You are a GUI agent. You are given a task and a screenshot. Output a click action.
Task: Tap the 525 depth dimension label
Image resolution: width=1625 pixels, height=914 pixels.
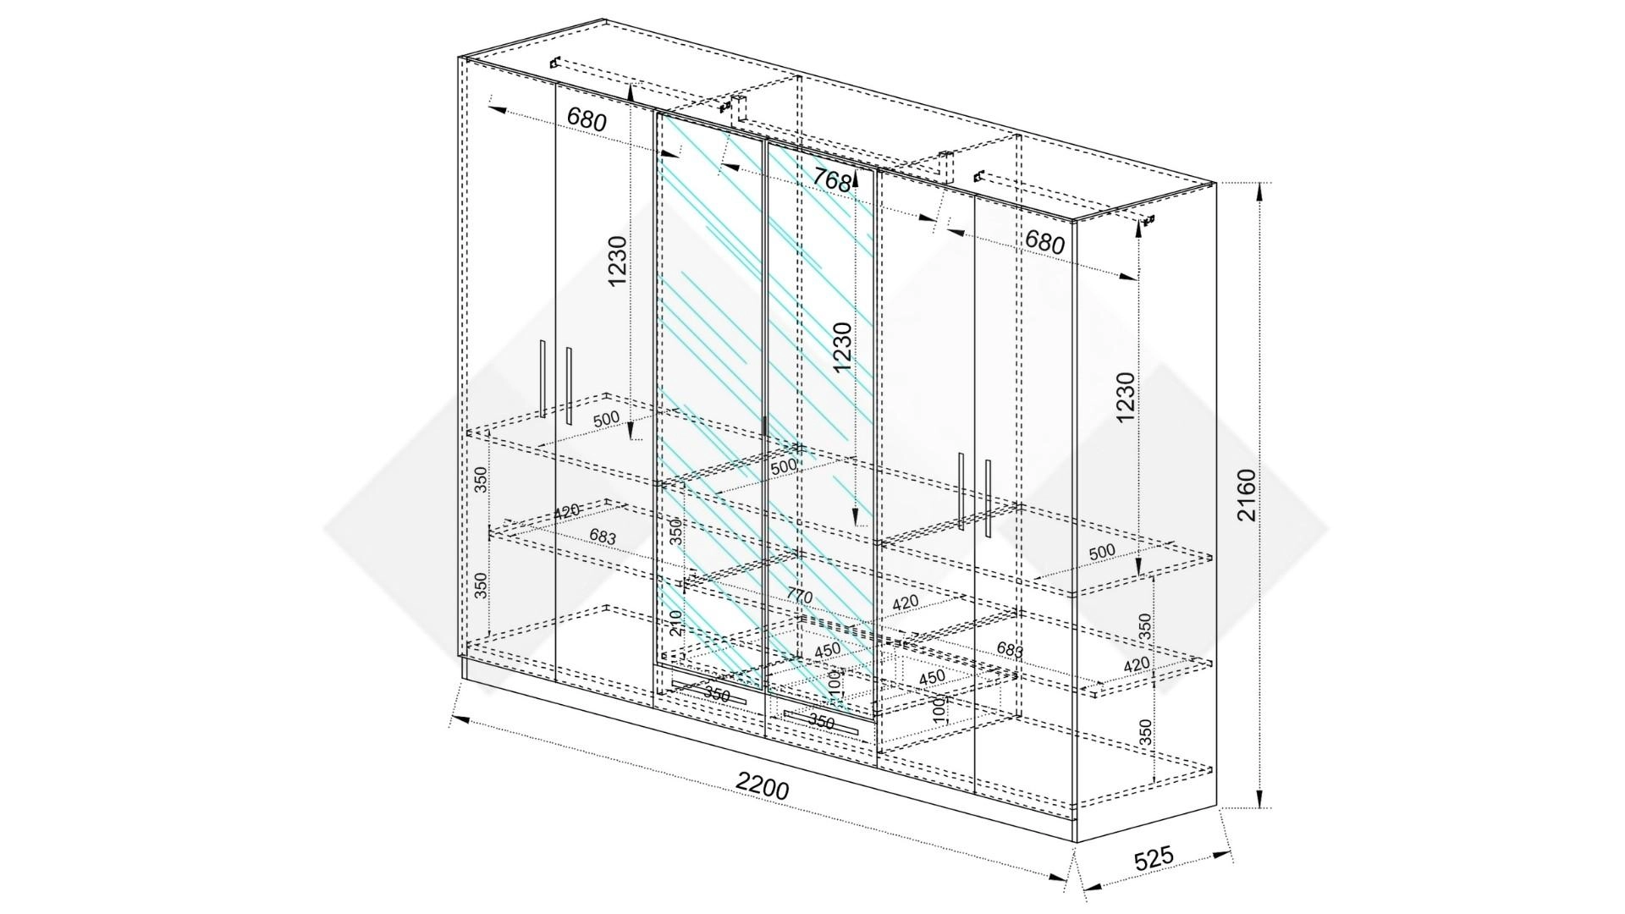pyautogui.click(x=1154, y=858)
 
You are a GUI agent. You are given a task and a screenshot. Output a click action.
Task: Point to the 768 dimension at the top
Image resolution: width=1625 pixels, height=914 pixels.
pyautogui.click(x=831, y=179)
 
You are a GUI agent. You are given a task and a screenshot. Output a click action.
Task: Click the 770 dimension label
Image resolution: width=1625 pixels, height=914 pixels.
pyautogui.click(x=799, y=596)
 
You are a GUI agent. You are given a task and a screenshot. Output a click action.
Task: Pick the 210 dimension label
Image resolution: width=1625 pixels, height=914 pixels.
pyautogui.click(x=675, y=623)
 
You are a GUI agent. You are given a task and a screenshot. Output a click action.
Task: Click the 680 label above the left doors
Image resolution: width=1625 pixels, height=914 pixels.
pyautogui.click(x=587, y=119)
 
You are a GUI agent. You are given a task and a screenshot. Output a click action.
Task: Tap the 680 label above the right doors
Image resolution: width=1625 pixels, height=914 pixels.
pyautogui.click(x=1044, y=242)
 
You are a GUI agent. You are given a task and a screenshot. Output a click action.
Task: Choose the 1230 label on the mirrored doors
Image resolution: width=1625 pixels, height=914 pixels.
pyautogui.click(x=842, y=347)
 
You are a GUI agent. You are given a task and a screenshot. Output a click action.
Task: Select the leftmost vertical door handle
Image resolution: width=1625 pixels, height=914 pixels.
pyautogui.click(x=543, y=379)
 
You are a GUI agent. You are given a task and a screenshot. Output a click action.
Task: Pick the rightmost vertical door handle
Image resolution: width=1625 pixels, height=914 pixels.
pyautogui.click(x=988, y=498)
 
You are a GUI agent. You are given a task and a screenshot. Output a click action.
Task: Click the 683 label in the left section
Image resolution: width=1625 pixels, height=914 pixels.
pyautogui.click(x=603, y=537)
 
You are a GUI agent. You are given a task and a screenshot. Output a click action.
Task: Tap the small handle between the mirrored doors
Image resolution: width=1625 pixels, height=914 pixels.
pyautogui.click(x=765, y=427)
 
